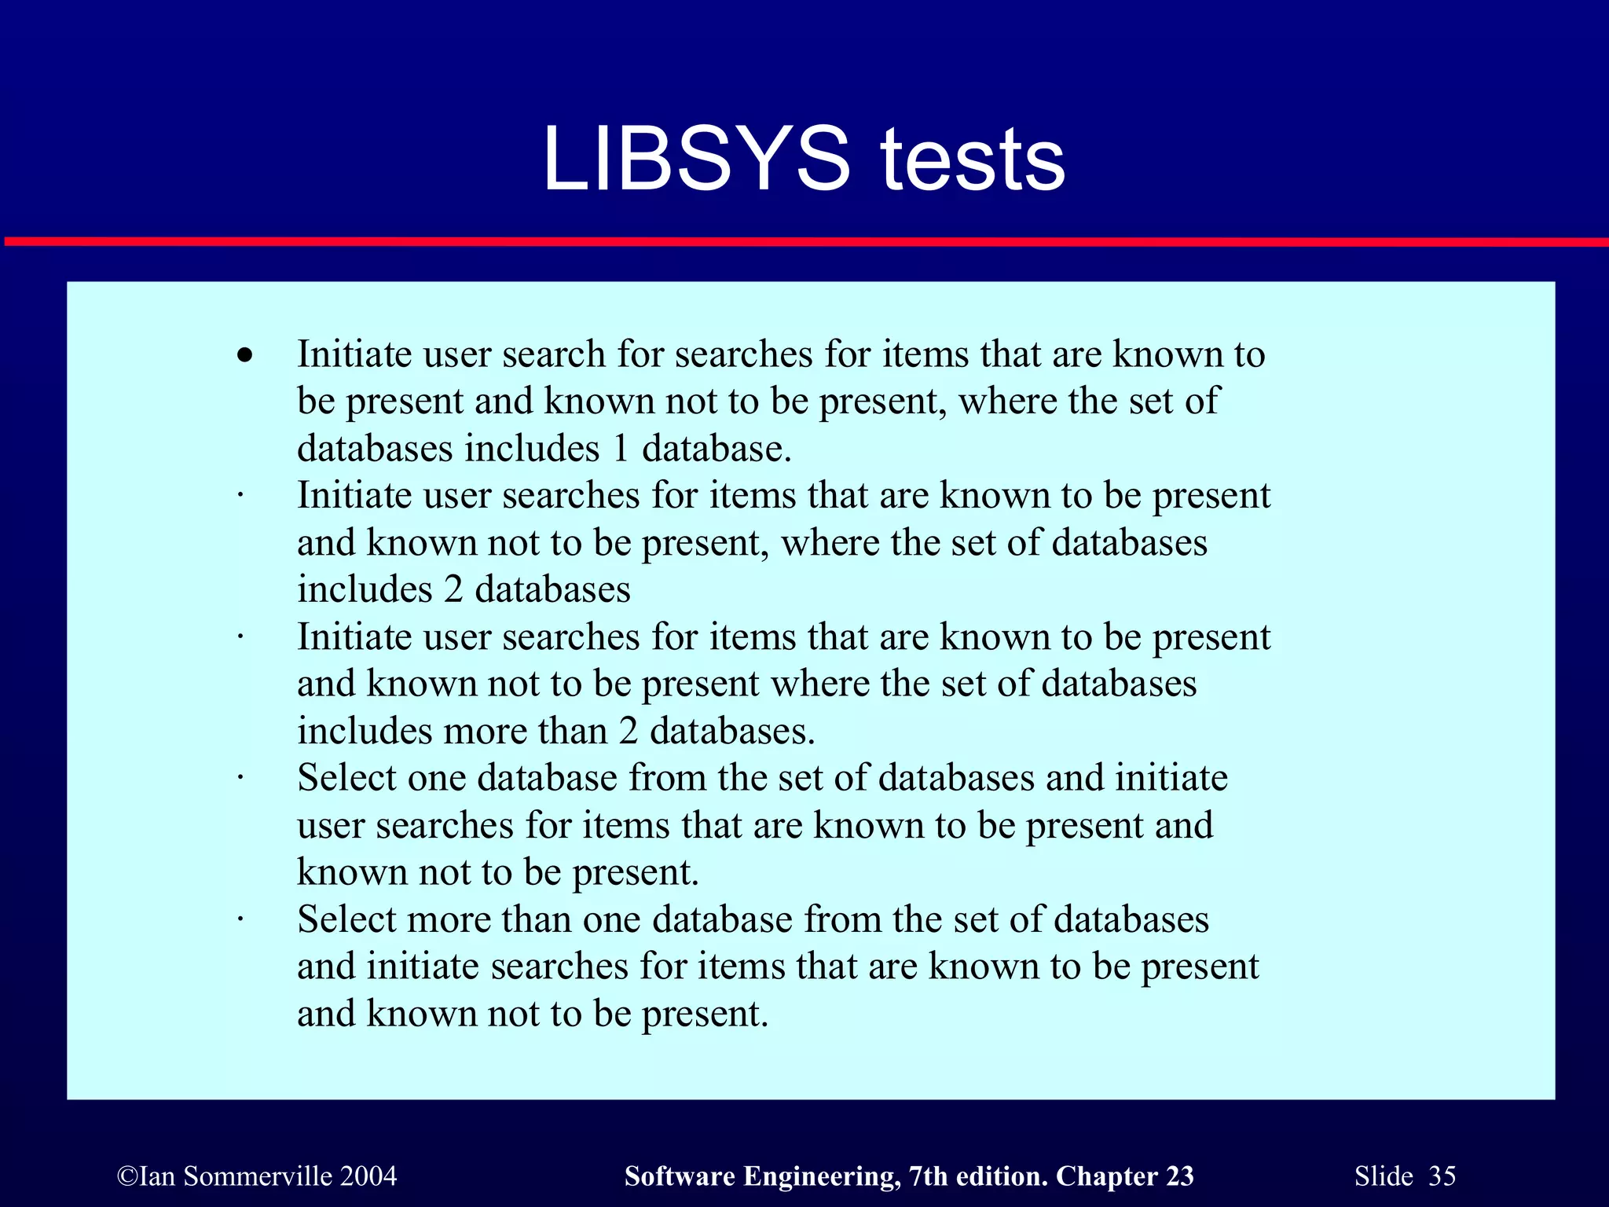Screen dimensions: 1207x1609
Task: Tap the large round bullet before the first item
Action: [x=246, y=355]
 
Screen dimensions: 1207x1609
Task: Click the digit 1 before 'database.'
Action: [x=621, y=449]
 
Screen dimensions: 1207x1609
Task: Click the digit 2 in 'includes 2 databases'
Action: [x=453, y=590]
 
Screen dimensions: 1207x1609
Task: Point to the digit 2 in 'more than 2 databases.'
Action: [x=628, y=732]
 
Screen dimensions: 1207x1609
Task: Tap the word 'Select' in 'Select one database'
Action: [x=347, y=778]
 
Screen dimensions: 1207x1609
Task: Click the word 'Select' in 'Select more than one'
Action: [x=347, y=919]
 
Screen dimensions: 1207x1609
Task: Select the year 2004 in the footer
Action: [x=368, y=1176]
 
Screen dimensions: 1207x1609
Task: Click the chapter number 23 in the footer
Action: [x=1179, y=1176]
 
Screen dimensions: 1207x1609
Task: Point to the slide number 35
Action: [x=1442, y=1176]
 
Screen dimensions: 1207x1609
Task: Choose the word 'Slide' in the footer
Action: [x=1384, y=1176]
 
